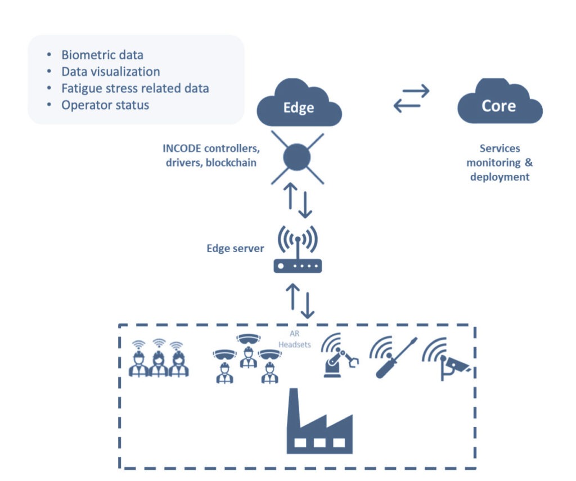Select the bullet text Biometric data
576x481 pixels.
102,55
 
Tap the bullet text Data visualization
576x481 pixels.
111,71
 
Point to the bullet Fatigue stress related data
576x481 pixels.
135,88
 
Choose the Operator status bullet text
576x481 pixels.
105,105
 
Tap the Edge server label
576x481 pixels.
235,248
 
